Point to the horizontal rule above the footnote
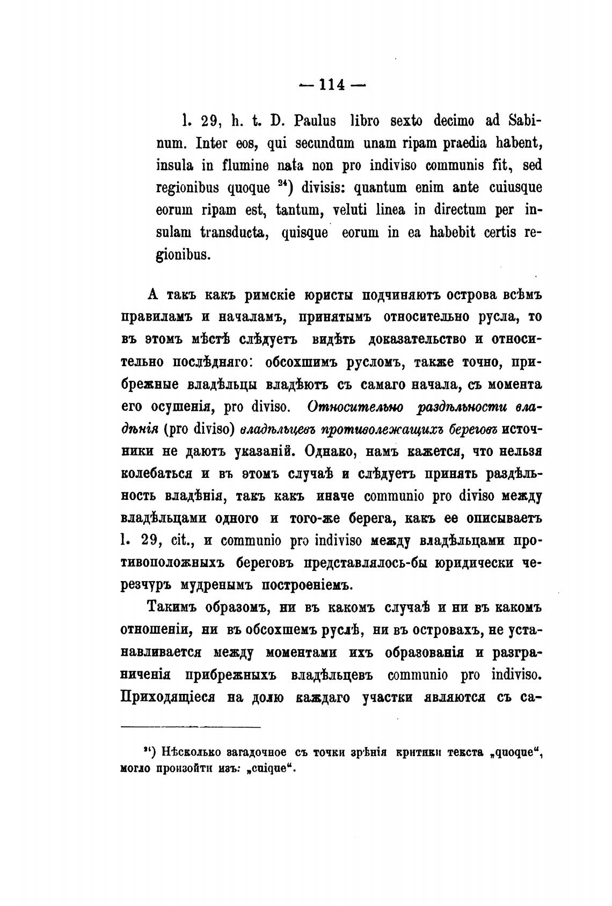[x=191, y=727]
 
